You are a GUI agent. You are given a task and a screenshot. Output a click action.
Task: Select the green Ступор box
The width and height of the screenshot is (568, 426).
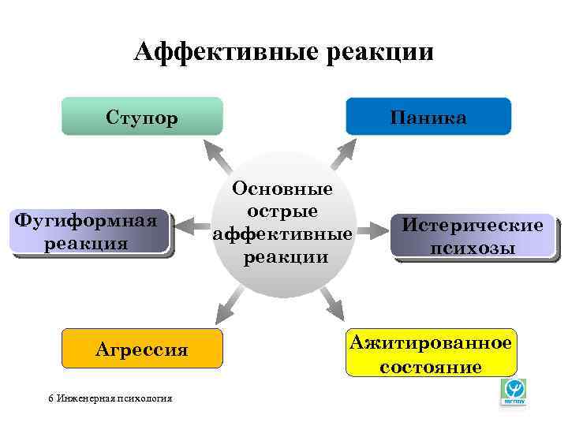pyautogui.click(x=142, y=117)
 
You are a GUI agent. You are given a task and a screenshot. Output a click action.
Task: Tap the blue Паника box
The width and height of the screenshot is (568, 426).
pyautogui.click(x=428, y=117)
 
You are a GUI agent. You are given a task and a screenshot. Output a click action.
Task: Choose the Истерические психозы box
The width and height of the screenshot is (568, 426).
pyautogui.click(x=473, y=236)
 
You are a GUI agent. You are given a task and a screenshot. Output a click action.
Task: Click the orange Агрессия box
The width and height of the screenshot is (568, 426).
pyautogui.click(x=142, y=349)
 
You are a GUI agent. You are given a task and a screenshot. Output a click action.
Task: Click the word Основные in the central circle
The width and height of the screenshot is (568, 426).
pyautogui.click(x=282, y=189)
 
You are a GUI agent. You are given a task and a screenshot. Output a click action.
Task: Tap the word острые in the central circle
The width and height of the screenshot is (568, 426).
pyautogui.click(x=282, y=211)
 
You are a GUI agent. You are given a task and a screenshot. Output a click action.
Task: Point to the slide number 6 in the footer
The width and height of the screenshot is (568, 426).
pyautogui.click(x=50, y=398)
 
